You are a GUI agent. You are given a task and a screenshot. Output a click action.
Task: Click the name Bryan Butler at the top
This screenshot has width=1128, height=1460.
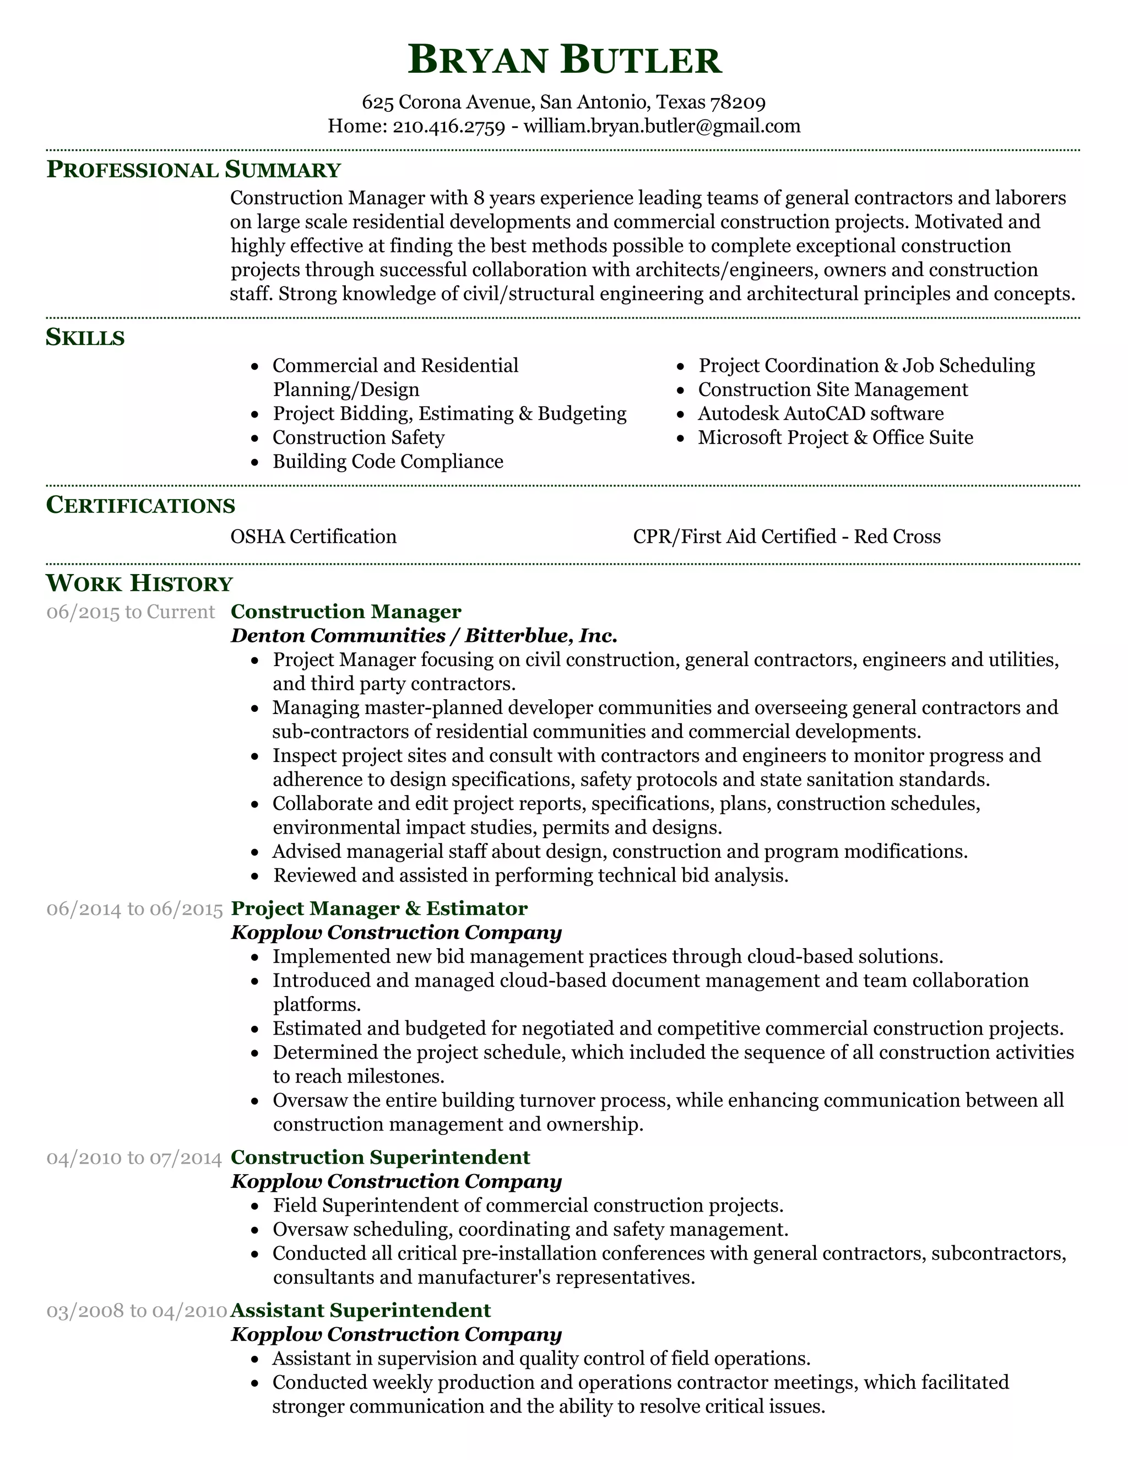pyautogui.click(x=564, y=60)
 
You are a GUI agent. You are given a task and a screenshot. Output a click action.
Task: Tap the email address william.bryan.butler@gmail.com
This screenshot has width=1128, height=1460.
pyautogui.click(x=661, y=126)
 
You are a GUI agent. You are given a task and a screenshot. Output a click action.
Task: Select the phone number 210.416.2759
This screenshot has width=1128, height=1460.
pyautogui.click(x=448, y=126)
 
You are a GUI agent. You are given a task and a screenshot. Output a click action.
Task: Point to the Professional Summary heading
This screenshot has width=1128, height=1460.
pyautogui.click(x=193, y=169)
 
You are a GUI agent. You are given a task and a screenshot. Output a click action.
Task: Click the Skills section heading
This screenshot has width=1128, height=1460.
pyautogui.click(x=85, y=337)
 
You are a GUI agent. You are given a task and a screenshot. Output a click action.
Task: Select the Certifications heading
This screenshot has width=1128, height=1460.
pyautogui.click(x=140, y=505)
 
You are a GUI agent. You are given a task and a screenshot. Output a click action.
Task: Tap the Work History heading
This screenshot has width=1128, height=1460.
pyautogui.click(x=139, y=583)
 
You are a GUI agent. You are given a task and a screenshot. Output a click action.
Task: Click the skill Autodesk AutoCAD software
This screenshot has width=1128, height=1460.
pyautogui.click(x=821, y=413)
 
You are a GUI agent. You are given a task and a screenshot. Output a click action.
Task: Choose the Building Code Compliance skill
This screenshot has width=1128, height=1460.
pyautogui.click(x=388, y=461)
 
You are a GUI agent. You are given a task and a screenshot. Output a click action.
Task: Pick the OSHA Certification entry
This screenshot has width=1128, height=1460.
pyautogui.click(x=313, y=536)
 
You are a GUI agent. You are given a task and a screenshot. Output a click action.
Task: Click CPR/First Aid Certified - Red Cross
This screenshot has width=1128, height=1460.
pyautogui.click(x=787, y=536)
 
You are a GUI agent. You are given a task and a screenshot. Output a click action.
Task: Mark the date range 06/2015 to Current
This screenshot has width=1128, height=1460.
pyautogui.click(x=131, y=612)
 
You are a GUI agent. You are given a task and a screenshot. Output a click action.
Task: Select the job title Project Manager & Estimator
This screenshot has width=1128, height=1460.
pyautogui.click(x=379, y=908)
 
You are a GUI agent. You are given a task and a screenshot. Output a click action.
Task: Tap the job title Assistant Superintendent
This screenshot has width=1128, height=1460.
pyautogui.click(x=361, y=1310)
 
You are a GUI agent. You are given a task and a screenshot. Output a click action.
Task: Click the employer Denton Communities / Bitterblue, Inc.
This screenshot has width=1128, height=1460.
pyautogui.click(x=424, y=635)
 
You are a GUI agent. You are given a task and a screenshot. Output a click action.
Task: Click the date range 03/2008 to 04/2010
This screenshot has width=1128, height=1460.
pyautogui.click(x=137, y=1310)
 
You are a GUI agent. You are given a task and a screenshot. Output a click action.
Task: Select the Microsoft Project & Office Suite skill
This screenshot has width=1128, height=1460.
pyautogui.click(x=836, y=437)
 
